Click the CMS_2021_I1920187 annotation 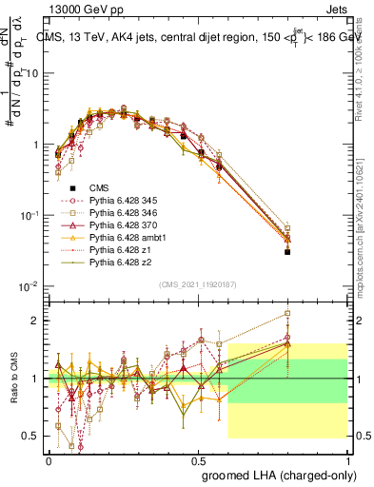click(x=196, y=283)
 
